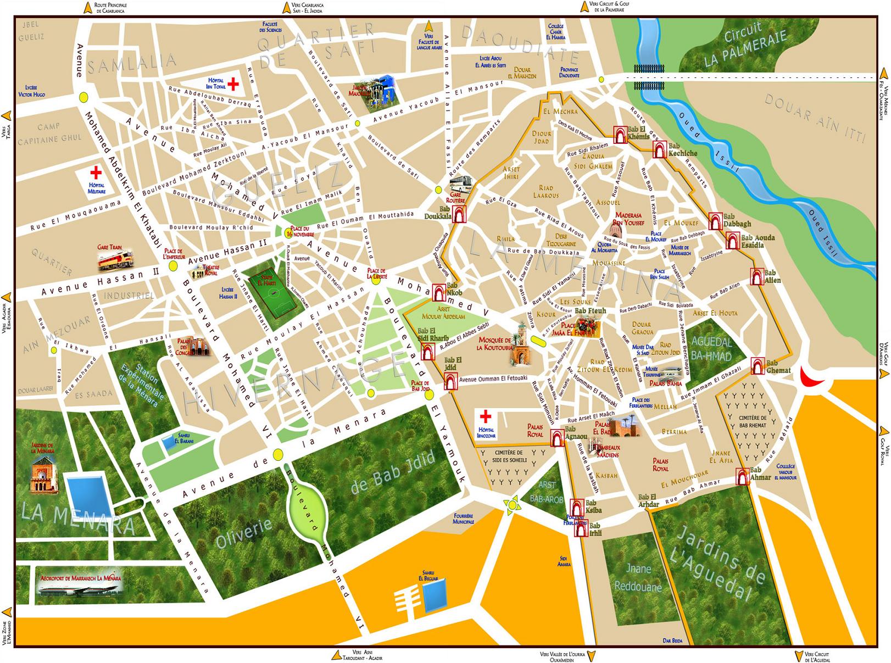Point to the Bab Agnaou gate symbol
tap(558, 438)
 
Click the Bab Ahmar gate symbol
tap(742, 476)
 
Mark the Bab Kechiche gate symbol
tap(659, 149)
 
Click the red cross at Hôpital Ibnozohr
tap(486, 416)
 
